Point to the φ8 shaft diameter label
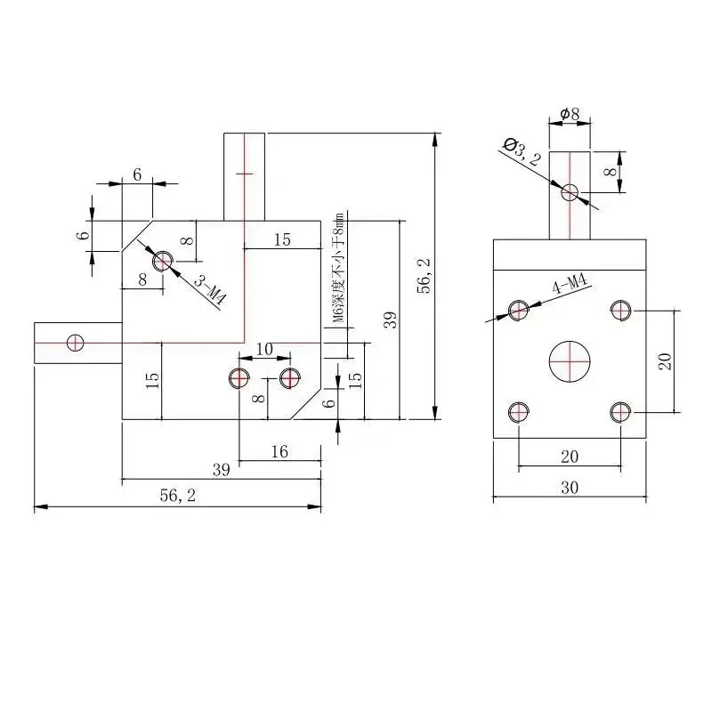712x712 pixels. click(570, 114)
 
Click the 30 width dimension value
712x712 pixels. click(570, 488)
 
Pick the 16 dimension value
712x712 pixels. click(279, 452)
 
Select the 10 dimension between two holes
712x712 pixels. click(264, 348)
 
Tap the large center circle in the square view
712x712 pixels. click(570, 360)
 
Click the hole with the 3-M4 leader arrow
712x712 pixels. click(162, 261)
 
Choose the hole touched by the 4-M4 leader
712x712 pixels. click(519, 310)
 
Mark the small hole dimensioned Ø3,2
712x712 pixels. click(570, 190)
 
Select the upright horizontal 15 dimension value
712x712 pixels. click(282, 239)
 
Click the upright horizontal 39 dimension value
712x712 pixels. click(222, 470)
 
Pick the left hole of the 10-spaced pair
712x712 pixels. click(239, 377)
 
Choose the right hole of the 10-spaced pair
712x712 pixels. click(289, 377)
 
